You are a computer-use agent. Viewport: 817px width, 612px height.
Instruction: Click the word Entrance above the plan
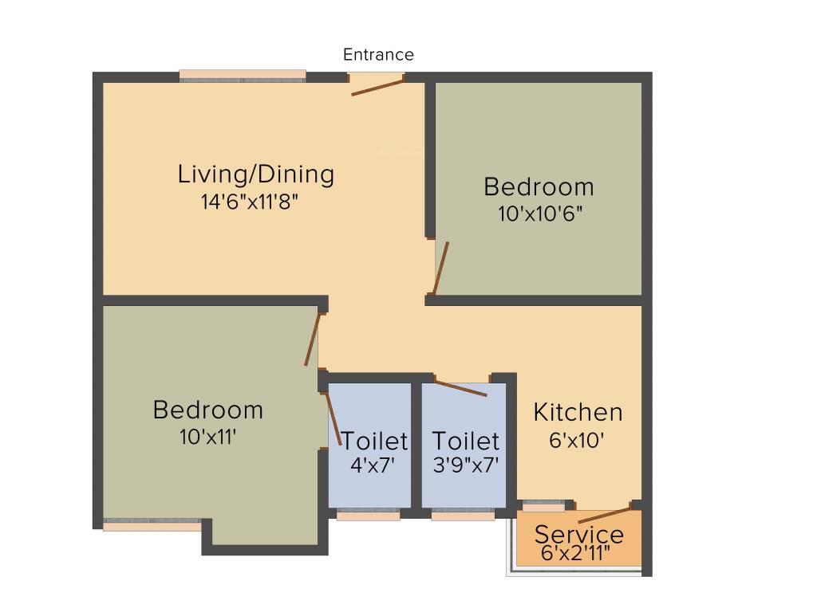pos(378,55)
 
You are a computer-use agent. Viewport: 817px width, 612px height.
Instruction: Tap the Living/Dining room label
pos(255,174)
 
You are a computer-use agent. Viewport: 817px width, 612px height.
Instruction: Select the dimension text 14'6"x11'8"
pos(255,202)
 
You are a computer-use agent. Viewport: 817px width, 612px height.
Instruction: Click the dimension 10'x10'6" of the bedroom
pos(539,214)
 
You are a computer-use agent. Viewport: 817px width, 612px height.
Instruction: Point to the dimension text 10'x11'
pos(208,437)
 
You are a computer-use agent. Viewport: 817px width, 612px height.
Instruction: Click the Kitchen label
pos(578,413)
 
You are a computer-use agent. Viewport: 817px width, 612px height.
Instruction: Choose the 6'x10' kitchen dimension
pos(576,440)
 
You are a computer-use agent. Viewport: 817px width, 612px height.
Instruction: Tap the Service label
pos(579,534)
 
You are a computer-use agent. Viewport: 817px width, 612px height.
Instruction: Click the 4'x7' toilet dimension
pos(373,465)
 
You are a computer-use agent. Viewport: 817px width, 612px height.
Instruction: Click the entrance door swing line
pos(378,87)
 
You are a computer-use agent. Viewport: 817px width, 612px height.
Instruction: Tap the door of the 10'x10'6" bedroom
pos(440,269)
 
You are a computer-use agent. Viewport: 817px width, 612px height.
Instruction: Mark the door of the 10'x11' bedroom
pos(312,339)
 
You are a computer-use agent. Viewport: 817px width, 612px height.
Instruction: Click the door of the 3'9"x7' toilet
pos(460,387)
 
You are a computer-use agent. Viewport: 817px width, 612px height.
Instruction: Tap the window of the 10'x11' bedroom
pos(152,526)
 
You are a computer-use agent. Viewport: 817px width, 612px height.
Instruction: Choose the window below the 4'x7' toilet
pos(368,516)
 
